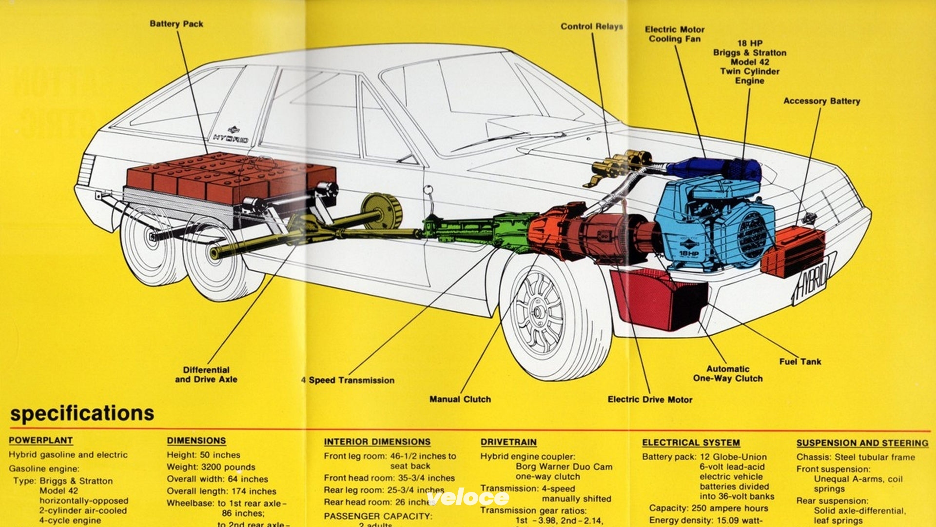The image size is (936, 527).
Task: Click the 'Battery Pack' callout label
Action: coord(176,24)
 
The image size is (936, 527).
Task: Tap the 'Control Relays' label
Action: coord(591,26)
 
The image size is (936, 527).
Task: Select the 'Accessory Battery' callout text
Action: coord(821,101)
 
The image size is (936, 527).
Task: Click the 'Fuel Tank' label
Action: coord(799,362)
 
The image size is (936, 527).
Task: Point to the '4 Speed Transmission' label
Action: coord(348,380)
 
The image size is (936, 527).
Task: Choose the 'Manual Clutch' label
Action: coord(460,399)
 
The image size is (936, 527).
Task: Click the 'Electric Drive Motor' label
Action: coord(649,400)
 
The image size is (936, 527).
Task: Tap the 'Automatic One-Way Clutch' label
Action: coord(727,374)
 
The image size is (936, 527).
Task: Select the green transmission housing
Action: coord(468,228)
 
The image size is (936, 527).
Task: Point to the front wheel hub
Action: coord(537,311)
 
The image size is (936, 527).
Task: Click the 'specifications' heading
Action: coord(82,413)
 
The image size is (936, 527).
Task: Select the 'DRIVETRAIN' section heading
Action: coord(508,442)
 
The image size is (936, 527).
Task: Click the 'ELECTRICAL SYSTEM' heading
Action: coord(690,443)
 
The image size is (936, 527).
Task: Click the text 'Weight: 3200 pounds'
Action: coord(211,467)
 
